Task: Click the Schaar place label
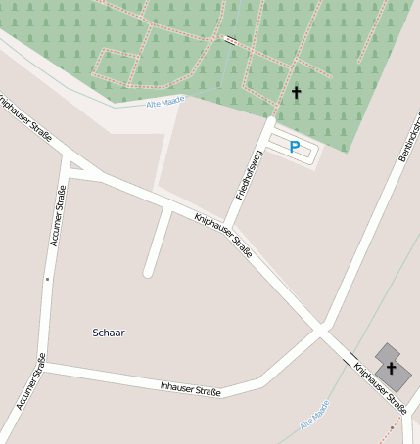click(109, 333)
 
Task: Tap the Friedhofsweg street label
click(250, 175)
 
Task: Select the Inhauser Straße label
click(190, 388)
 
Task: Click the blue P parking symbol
click(294, 148)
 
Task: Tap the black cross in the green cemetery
click(296, 92)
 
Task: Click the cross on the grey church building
click(392, 368)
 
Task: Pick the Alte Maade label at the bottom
click(314, 422)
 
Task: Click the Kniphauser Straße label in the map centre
click(223, 235)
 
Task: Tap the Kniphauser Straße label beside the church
click(380, 387)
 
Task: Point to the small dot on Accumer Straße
click(47, 279)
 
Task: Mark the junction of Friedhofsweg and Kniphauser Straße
click(227, 224)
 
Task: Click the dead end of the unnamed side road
click(148, 273)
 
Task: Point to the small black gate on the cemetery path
click(230, 40)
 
